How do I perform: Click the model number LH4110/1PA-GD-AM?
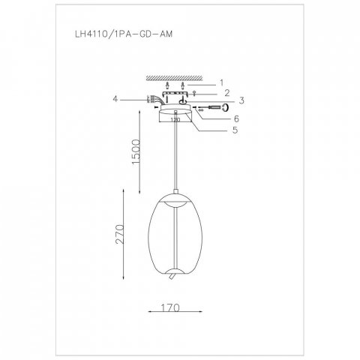pos(124,34)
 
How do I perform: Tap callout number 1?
pos(221,82)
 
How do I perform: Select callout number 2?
pos(226,93)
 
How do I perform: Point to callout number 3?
pos(241,100)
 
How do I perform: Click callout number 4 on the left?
pos(115,99)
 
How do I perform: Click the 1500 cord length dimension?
pos(136,151)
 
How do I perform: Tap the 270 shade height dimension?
pos(119,234)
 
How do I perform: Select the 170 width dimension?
pos(170,307)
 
